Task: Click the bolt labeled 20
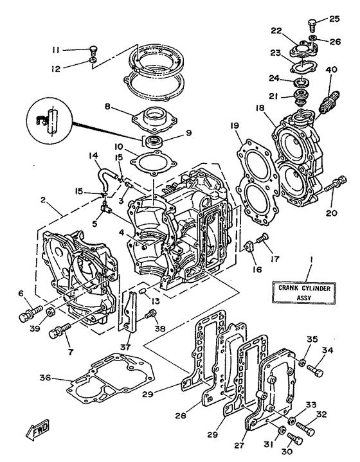pos(331,187)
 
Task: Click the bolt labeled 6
pos(28,315)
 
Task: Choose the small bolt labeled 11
pos(93,49)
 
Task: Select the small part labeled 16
pos(248,245)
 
